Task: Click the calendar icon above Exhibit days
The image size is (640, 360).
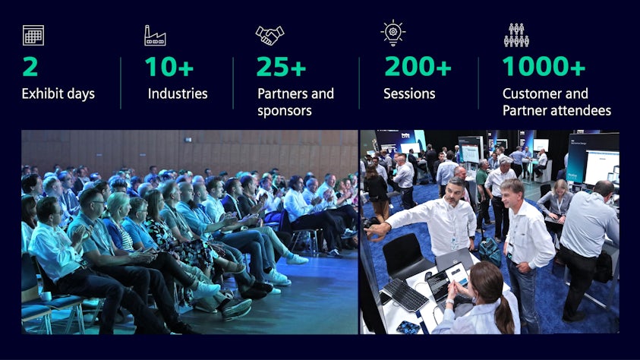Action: coord(33,35)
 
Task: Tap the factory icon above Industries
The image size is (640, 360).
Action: coord(155,36)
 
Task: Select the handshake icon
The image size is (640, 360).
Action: coord(270,35)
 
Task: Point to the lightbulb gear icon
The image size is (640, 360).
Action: coord(393,33)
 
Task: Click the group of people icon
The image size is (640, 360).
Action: coord(516,35)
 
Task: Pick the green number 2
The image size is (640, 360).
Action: coord(30,67)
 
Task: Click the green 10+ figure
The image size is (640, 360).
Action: coord(169,67)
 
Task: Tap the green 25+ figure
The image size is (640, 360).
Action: coord(281,67)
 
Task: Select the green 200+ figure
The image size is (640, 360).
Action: coord(418,67)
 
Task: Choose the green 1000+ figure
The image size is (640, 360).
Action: coord(544,67)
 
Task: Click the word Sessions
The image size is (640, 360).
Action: coord(409,93)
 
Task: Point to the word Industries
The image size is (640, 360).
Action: coord(178,93)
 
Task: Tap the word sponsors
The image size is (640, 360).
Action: coord(285,111)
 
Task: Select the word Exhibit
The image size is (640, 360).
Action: coord(39,93)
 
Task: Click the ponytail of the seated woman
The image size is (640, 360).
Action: coord(505,314)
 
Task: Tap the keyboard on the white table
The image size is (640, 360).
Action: coord(405,295)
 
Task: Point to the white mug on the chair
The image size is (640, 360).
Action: coord(46,296)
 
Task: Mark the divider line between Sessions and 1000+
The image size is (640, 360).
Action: coord(478,83)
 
